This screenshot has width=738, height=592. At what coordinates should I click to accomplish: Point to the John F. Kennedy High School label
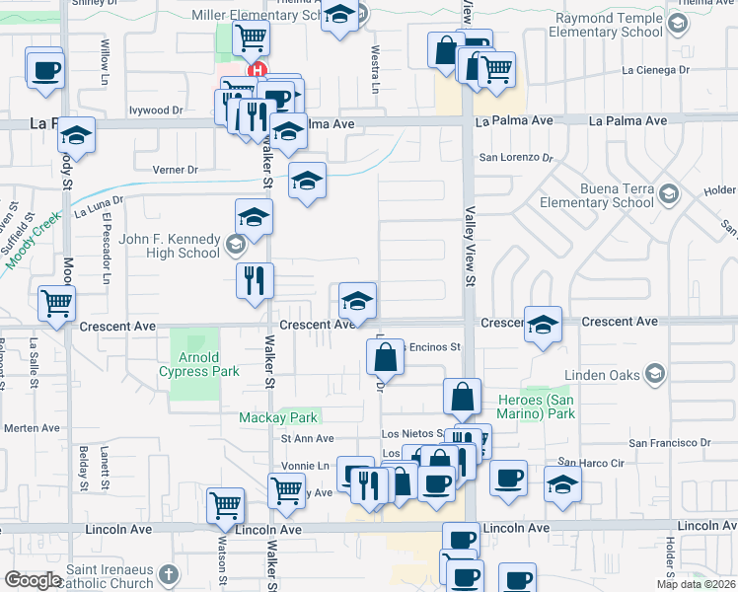[x=169, y=245]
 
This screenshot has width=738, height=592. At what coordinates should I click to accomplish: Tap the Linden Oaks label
[x=602, y=374]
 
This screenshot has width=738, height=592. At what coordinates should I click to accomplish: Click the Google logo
[x=33, y=580]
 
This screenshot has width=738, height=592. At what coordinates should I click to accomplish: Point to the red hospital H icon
[x=258, y=70]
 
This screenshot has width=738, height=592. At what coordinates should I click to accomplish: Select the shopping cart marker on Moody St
[x=56, y=305]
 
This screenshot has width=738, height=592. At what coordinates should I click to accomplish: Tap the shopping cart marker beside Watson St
[x=225, y=504]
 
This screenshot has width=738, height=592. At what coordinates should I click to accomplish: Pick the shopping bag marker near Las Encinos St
[x=387, y=358]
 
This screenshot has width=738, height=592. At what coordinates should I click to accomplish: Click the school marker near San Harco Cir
[x=562, y=485]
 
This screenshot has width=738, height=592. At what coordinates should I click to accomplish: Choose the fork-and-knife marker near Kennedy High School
[x=255, y=280]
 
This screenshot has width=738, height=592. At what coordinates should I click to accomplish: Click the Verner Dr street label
[x=176, y=170]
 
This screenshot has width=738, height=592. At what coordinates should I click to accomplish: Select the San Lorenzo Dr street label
[x=515, y=157]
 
